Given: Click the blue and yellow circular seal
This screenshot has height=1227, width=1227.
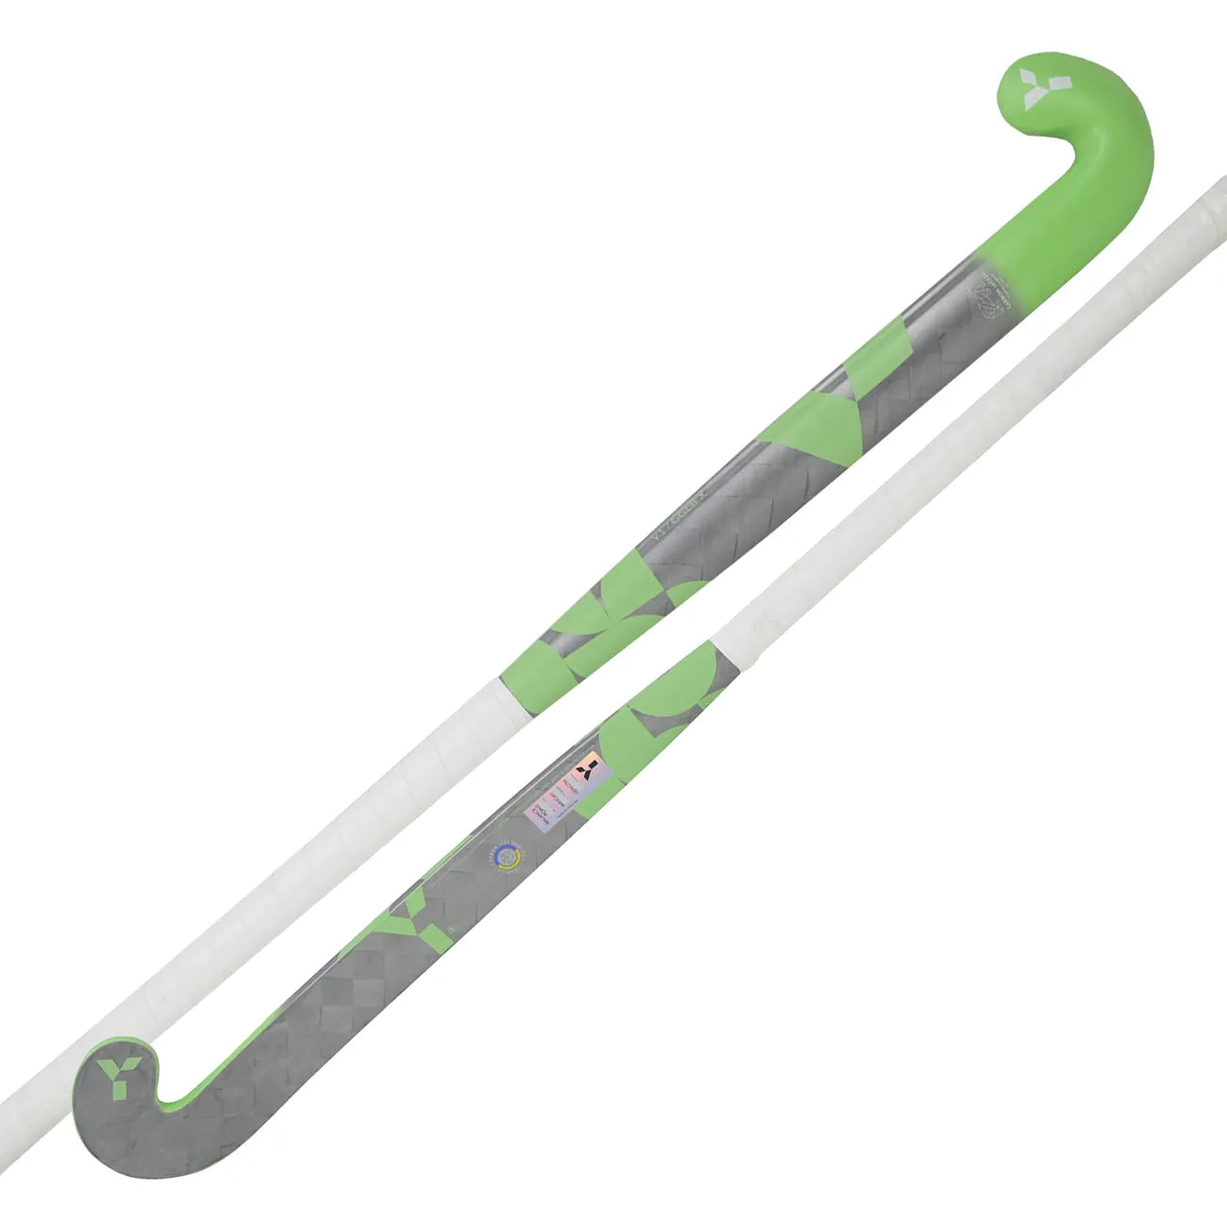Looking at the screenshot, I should [x=506, y=857].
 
